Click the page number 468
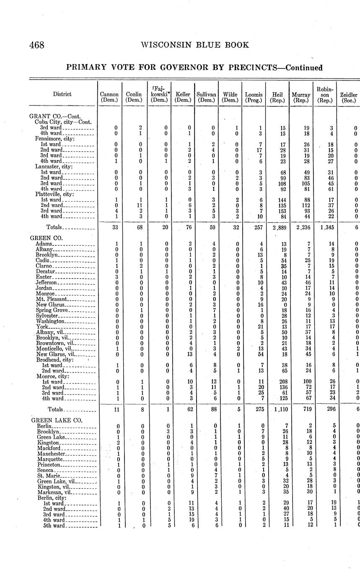click(x=37, y=45)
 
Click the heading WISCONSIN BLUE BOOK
click(x=195, y=45)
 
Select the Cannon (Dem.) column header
click(x=109, y=98)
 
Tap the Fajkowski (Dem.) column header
click(x=159, y=95)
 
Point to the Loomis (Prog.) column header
click(x=254, y=98)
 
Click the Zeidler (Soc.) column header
click(x=349, y=98)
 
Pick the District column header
click(x=62, y=94)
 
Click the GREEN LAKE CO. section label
click(x=57, y=421)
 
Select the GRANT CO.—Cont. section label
click(x=55, y=116)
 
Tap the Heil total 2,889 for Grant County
click(x=277, y=227)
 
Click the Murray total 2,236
click(x=301, y=227)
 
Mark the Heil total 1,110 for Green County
click(x=277, y=409)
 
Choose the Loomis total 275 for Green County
click(x=254, y=409)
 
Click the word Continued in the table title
click(x=304, y=68)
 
